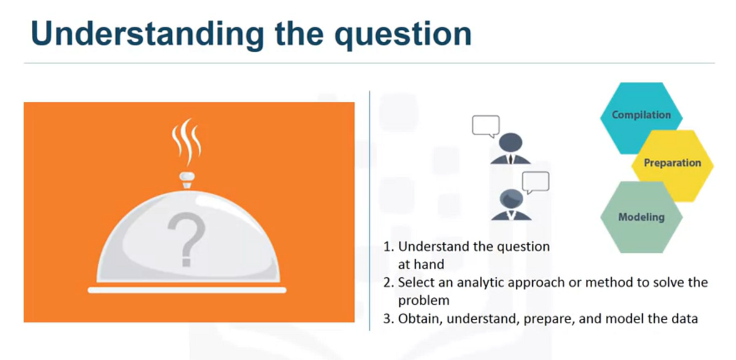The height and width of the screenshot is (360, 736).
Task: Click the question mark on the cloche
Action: point(187,237)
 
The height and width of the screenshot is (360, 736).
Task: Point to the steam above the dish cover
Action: point(187,142)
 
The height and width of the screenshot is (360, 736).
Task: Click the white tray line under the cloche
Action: point(187,290)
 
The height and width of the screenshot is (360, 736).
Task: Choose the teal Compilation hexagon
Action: point(641,115)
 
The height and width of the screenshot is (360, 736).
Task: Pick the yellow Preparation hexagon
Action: point(672,163)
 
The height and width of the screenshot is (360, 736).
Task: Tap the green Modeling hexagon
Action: point(641,217)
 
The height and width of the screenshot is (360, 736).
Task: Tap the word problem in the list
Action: point(424,301)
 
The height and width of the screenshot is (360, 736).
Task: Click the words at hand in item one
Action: point(421,264)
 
